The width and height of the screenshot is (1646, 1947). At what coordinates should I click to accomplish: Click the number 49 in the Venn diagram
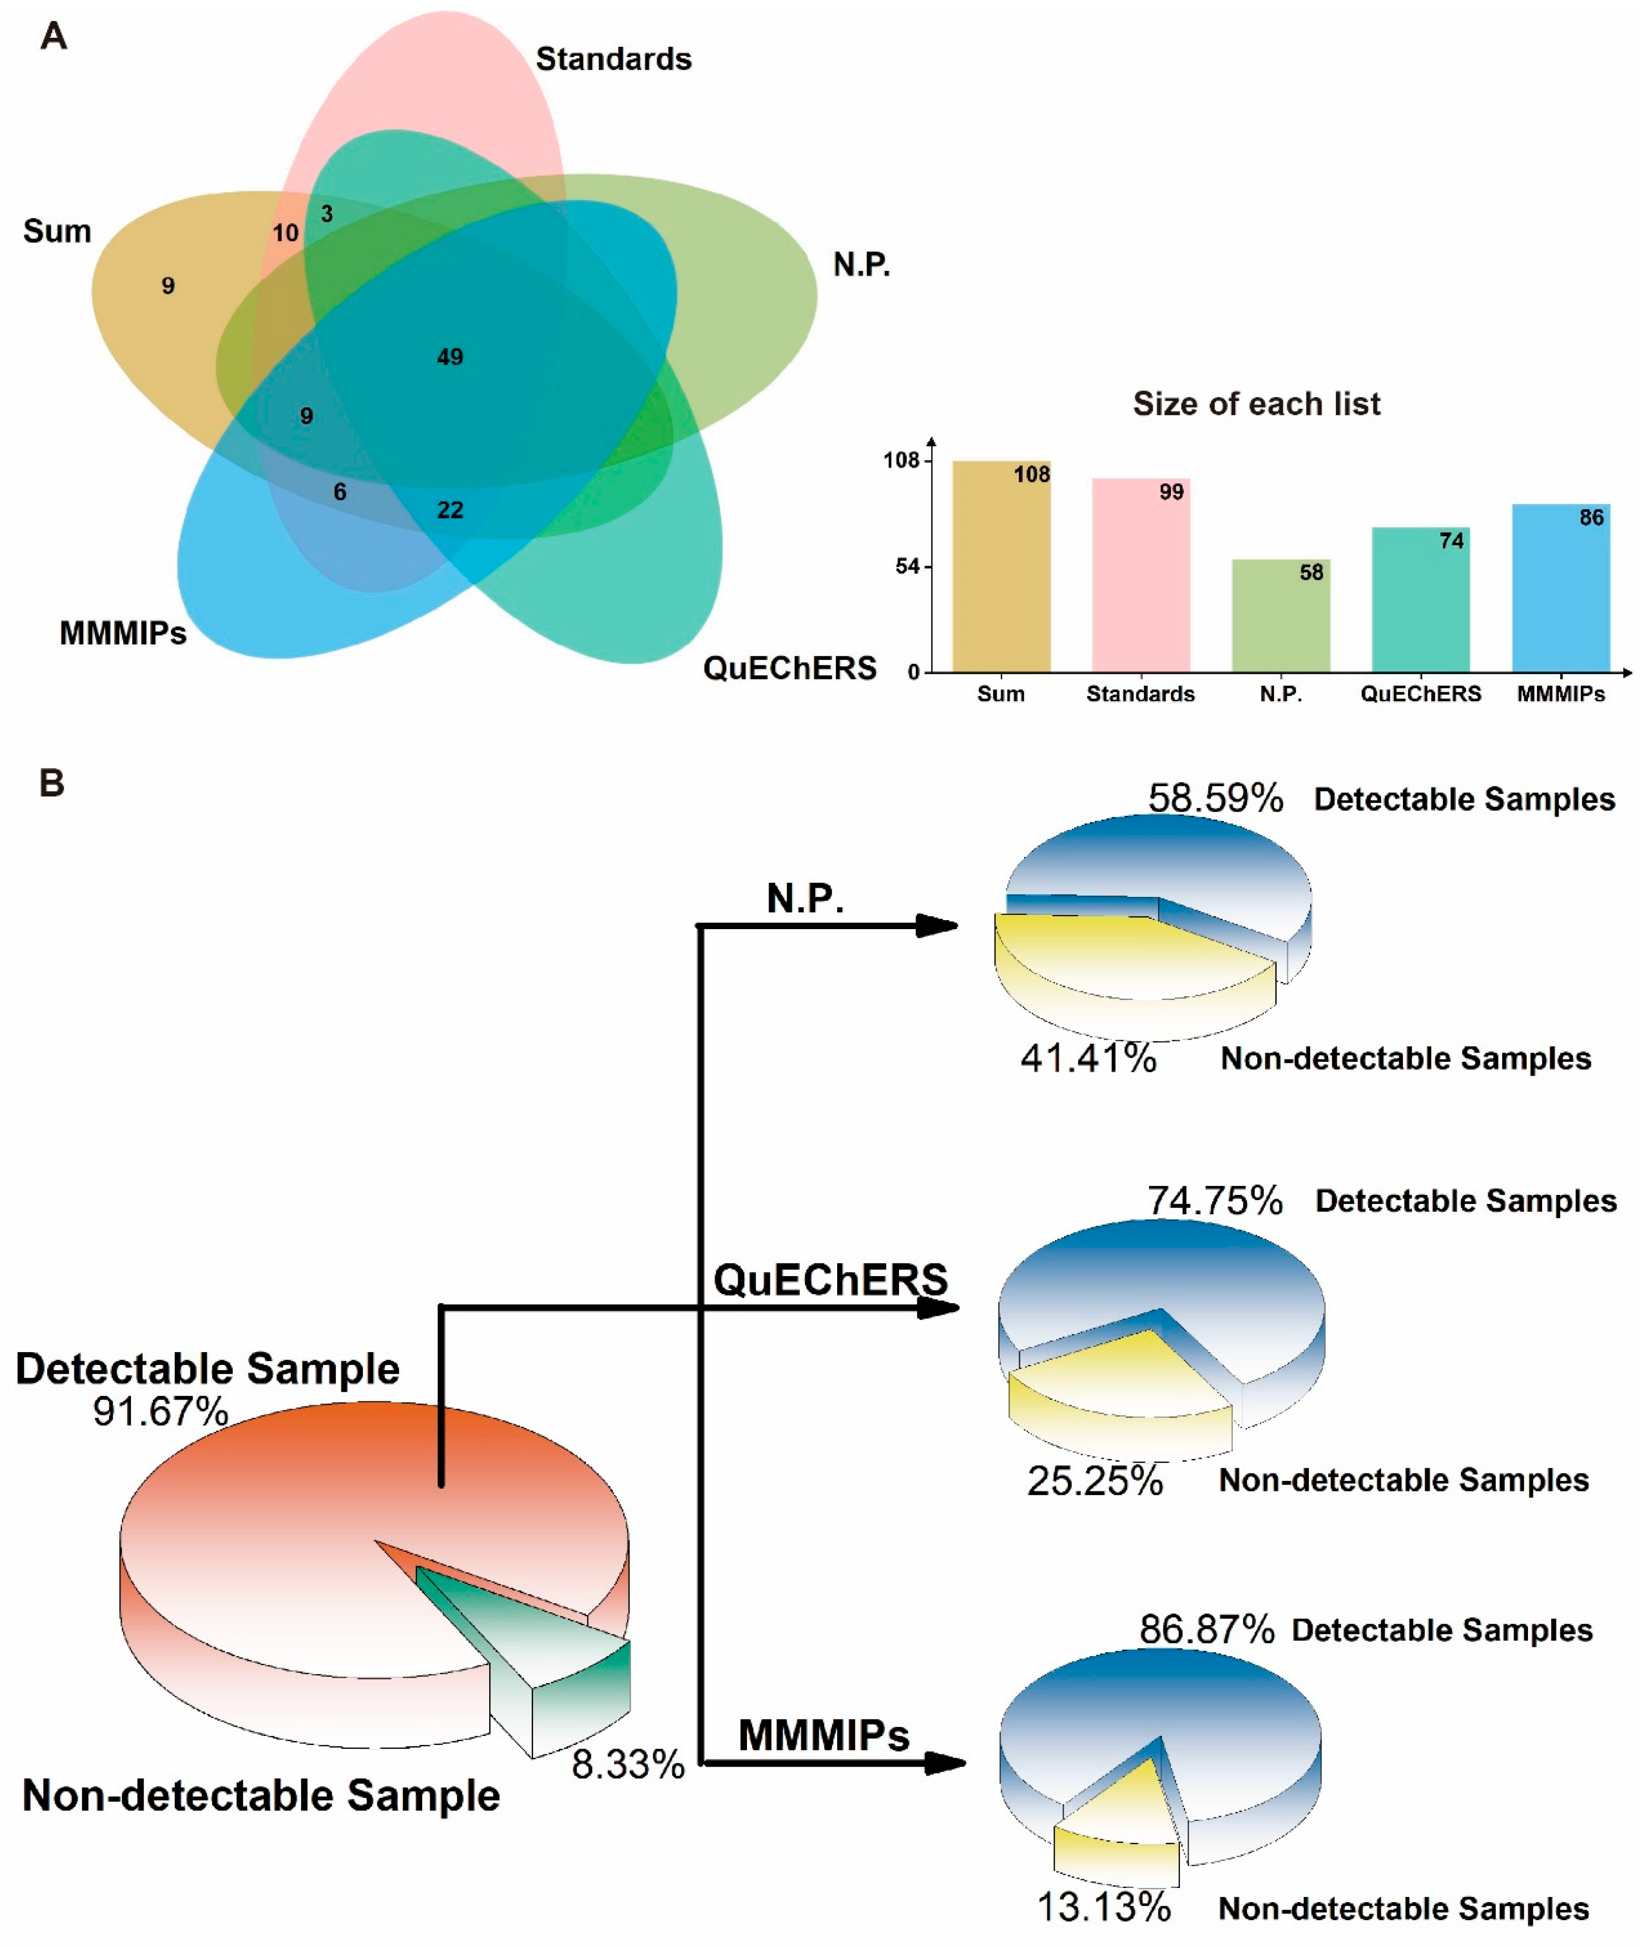coord(450,356)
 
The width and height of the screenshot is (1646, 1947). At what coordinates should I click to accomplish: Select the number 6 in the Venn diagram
coord(339,491)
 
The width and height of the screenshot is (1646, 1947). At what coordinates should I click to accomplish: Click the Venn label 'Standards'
coord(613,59)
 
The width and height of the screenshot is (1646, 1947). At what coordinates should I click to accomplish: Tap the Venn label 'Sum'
coord(57,231)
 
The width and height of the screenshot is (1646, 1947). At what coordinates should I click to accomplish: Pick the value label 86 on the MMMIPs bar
coord(1591,518)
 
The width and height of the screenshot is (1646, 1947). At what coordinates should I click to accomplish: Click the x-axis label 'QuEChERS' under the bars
coord(1420,694)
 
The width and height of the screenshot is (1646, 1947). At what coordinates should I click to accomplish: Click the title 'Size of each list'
coord(1256,404)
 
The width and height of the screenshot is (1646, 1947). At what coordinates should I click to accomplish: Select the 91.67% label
coord(161,1412)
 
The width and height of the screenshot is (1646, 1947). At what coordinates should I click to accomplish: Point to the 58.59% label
coord(1215,798)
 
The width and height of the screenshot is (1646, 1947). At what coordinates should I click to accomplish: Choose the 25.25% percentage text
coord(1095,1481)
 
